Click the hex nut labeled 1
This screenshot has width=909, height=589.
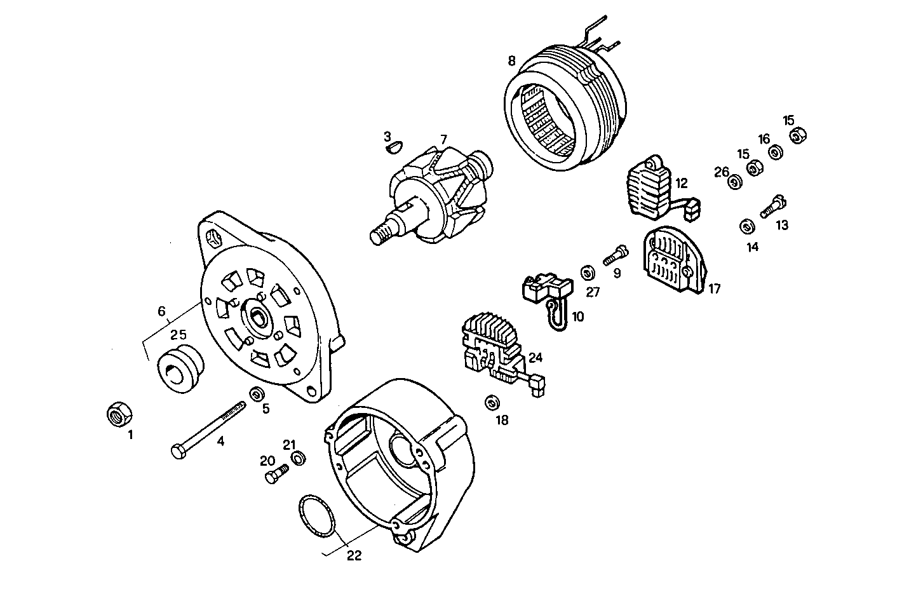pos(118,414)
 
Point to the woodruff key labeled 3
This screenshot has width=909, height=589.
pos(394,147)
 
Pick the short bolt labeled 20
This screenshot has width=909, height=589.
pos(275,474)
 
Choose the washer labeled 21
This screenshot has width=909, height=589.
pos(298,457)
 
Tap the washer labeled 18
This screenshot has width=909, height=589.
pos(491,403)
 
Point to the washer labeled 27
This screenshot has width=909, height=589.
pos(588,273)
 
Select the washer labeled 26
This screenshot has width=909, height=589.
pos(734,183)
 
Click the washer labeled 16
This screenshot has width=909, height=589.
pos(776,152)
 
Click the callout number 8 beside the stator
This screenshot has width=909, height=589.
pos(512,62)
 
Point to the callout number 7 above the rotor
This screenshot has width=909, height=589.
pos(443,139)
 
